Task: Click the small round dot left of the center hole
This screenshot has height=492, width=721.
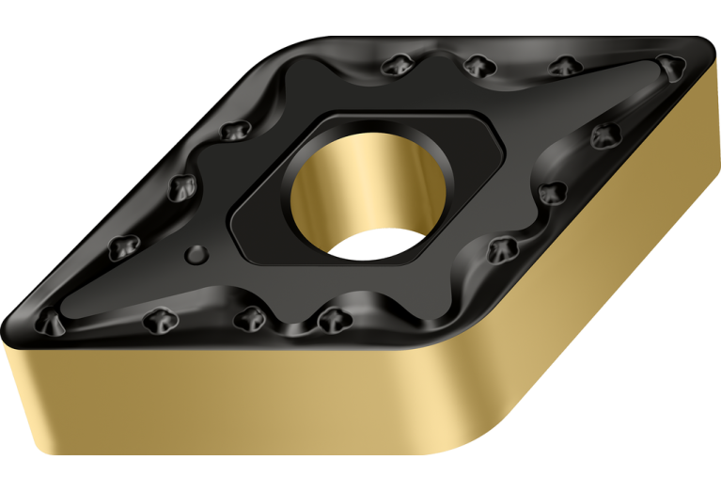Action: (x=196, y=252)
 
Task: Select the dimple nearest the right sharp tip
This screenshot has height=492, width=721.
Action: (x=668, y=66)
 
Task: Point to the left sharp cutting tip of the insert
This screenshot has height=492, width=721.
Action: (x=11, y=329)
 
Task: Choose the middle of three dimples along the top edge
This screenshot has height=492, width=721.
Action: (x=478, y=65)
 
